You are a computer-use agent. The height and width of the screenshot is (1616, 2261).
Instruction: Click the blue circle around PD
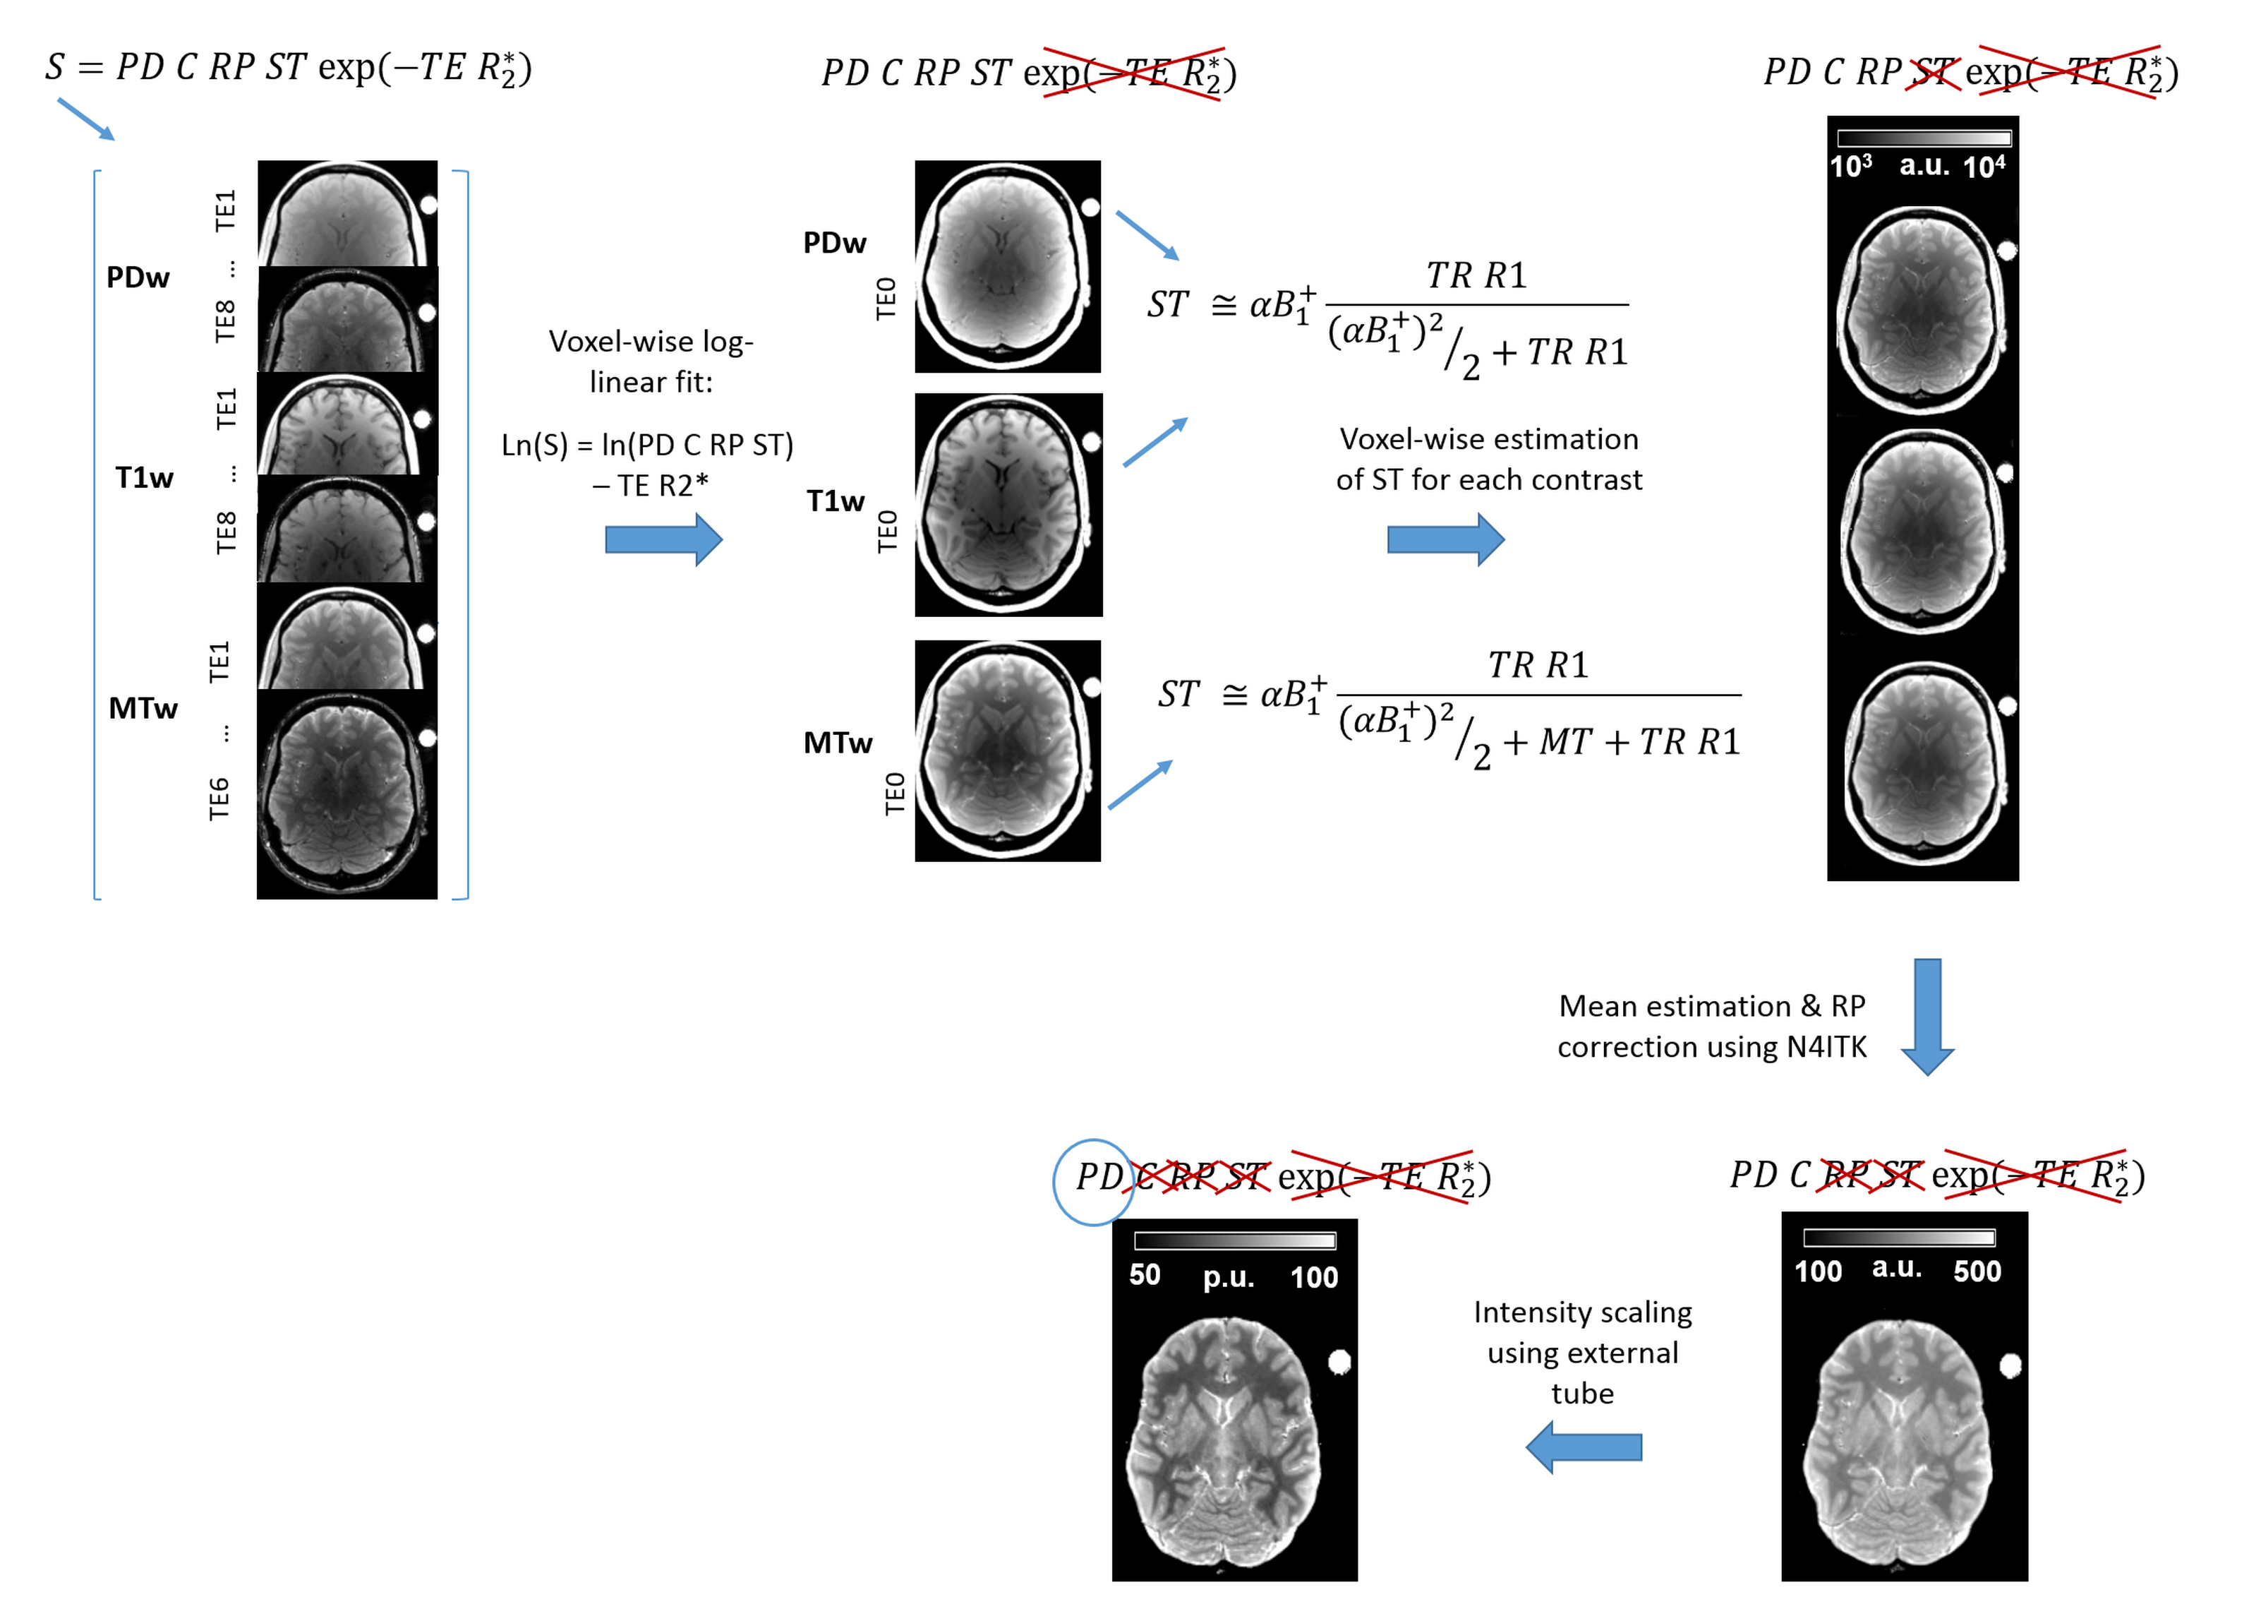(x=1092, y=1181)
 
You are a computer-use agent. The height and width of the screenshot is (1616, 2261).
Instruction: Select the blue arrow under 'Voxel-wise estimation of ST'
(x=1445, y=539)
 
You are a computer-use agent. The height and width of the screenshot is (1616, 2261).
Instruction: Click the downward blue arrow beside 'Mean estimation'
(x=1927, y=1016)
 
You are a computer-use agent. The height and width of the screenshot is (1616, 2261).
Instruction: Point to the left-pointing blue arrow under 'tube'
(x=1584, y=1446)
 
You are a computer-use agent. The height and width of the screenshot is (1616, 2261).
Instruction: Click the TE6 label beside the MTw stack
(x=219, y=799)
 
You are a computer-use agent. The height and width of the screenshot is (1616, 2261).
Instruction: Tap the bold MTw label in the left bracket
(x=143, y=709)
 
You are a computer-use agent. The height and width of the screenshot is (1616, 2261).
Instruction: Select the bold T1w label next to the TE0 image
(x=835, y=501)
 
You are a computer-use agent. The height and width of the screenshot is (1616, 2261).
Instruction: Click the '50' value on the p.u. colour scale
(x=1144, y=1275)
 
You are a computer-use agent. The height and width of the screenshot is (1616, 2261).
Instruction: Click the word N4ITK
(x=1826, y=1047)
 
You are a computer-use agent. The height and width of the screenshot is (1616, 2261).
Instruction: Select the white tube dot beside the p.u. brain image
(x=1340, y=1361)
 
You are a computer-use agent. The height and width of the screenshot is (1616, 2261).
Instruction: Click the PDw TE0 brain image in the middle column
(x=1008, y=267)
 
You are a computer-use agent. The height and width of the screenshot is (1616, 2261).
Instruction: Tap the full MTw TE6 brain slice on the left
(x=346, y=794)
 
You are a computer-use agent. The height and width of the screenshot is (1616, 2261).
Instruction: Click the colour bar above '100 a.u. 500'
(x=1899, y=1237)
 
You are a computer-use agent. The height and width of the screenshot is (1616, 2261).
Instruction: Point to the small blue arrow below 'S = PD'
(x=85, y=119)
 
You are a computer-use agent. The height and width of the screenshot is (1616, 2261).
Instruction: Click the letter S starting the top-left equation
(x=55, y=68)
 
